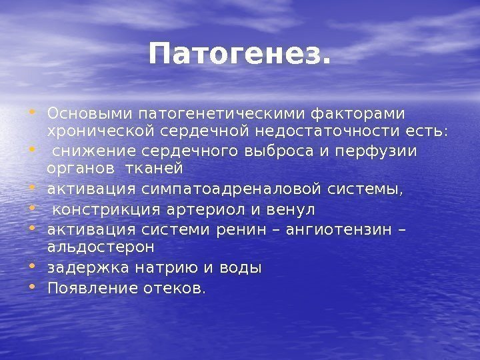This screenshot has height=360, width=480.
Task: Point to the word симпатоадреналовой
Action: (x=233, y=190)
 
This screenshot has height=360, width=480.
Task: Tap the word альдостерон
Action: (x=100, y=247)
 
